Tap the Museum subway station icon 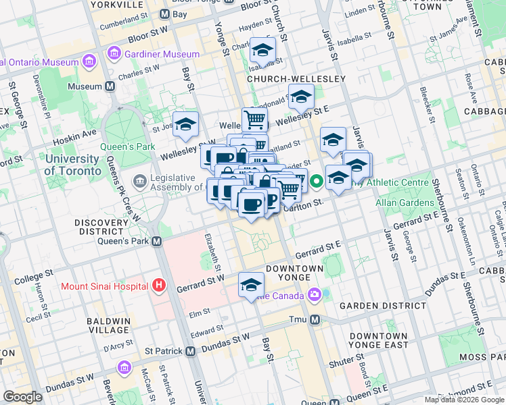click(x=110, y=86)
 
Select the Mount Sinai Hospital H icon click(x=158, y=286)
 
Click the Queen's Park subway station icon click(x=156, y=241)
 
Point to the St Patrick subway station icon click(x=191, y=351)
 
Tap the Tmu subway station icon click(x=313, y=319)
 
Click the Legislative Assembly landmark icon click(x=140, y=180)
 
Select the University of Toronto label click(x=71, y=165)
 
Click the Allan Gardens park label click(x=406, y=202)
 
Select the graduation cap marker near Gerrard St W click(x=251, y=284)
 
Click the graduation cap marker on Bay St click(x=185, y=124)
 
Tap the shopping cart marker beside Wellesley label click(x=254, y=119)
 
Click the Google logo click(x=22, y=397)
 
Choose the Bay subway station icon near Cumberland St click(x=164, y=13)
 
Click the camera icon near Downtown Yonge click(x=314, y=294)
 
